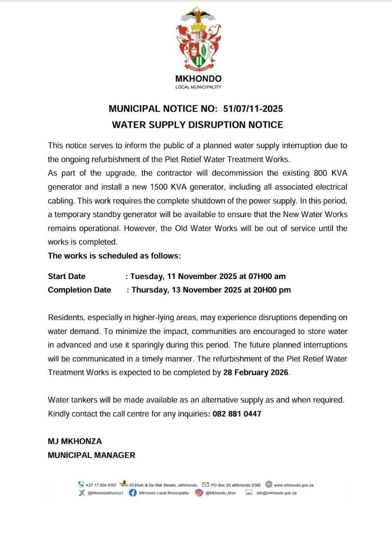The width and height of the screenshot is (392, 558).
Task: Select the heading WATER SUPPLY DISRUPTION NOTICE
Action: tap(197, 125)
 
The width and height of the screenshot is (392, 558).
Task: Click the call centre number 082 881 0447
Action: tap(237, 414)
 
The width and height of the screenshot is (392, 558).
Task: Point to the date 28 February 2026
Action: tap(256, 372)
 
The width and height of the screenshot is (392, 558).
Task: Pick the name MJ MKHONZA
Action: tap(74, 441)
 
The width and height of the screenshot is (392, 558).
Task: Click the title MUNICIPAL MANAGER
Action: tap(91, 455)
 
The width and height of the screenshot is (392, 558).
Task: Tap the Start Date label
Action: tap(67, 276)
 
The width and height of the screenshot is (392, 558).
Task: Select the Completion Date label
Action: tap(79, 290)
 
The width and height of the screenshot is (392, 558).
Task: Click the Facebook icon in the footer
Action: tap(133, 493)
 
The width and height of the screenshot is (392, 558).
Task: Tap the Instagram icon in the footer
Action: tap(199, 493)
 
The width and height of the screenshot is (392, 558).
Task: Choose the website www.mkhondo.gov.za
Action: tap(294, 485)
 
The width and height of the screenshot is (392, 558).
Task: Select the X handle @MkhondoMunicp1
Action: tap(105, 493)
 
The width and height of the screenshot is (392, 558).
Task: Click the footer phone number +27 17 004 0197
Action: tap(101, 485)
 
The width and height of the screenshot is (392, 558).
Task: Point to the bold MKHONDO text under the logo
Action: tap(198, 79)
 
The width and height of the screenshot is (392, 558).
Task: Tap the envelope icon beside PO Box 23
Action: tap(206, 484)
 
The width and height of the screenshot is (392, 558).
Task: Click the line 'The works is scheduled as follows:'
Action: tap(114, 256)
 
